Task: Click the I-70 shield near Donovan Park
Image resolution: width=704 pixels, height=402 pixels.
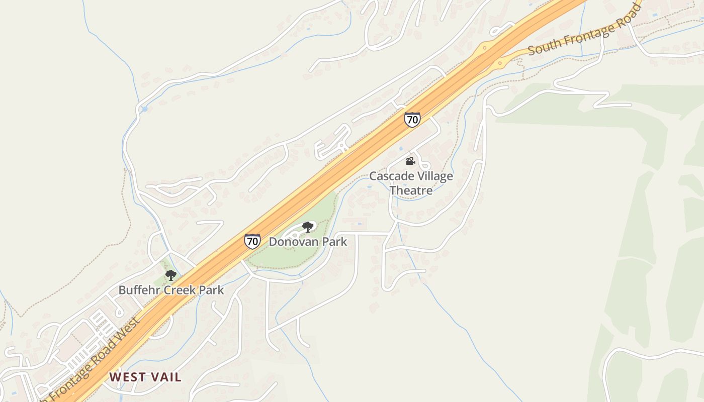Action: coord(252,241)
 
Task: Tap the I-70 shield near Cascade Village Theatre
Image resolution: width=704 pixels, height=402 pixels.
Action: coord(412,120)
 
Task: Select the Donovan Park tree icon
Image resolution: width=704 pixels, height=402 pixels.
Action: coord(307,227)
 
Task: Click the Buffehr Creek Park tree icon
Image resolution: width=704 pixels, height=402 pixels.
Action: coord(171,275)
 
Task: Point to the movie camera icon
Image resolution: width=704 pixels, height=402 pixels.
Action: coord(410,161)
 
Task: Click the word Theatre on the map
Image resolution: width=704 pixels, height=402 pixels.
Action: coord(411,190)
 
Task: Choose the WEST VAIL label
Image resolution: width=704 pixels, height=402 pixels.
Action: coord(145,377)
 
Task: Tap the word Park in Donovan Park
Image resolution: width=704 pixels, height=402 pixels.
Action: coord(335,242)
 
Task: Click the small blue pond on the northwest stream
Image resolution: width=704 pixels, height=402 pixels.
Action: coord(144,109)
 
